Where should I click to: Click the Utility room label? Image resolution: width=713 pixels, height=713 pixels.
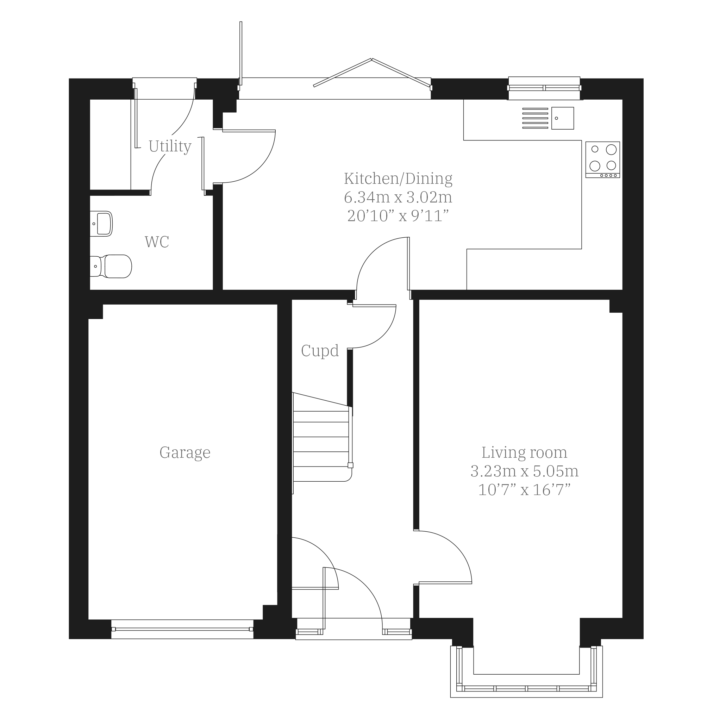170,146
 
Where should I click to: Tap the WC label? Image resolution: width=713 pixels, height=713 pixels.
157,242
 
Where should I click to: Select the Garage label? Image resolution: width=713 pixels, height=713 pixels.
185,453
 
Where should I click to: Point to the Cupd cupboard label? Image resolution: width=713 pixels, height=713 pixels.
320,351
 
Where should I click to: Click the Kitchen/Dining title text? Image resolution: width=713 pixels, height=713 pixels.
398,178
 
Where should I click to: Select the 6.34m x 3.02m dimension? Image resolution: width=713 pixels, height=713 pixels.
398,197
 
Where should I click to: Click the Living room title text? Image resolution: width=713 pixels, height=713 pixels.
524,452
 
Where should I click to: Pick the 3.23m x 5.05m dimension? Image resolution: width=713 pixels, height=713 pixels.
524,471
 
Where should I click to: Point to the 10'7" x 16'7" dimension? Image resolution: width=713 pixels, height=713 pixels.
524,490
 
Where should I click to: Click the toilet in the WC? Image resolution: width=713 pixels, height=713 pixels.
111,266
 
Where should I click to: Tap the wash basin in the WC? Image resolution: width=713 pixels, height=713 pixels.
101,224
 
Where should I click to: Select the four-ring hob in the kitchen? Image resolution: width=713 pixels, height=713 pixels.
603,160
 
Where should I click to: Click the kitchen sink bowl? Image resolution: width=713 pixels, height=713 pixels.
563,118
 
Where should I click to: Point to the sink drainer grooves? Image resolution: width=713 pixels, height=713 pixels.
535,118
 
